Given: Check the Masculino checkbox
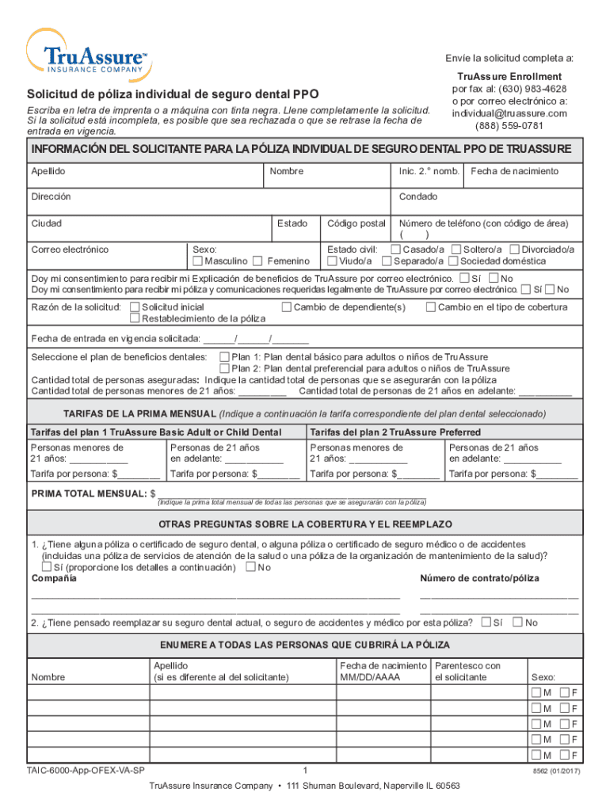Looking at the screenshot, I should point(198,261).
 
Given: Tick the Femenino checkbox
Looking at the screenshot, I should point(257,261).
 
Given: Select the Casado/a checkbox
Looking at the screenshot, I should point(395,249).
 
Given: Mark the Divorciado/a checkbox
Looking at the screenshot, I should point(515,249).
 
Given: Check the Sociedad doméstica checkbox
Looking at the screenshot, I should point(453,261).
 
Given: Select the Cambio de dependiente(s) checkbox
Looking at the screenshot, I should point(287,307).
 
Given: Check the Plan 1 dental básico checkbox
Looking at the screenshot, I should point(224,357).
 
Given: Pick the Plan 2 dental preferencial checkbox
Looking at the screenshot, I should point(224,368).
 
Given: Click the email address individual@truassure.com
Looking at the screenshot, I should point(509,113).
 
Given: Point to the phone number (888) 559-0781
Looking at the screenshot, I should point(509,125).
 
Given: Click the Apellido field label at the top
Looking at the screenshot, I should point(48,172).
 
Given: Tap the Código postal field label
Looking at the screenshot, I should point(356,224).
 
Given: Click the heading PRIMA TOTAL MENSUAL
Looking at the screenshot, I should point(88,493).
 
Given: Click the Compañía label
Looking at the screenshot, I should point(54,579).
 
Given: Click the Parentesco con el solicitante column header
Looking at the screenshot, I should point(468,672).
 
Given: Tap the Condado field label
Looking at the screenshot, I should point(418,197).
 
